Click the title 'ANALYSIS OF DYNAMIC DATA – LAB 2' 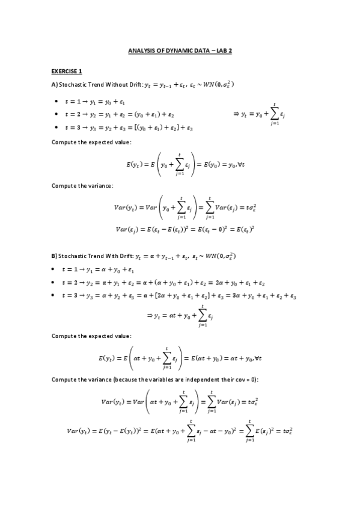point(180,51)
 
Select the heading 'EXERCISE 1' point(67,71)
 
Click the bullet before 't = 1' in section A point(56,102)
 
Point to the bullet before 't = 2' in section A point(56,114)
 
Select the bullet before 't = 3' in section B point(56,296)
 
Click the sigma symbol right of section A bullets point(274,113)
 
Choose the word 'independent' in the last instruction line point(195,380)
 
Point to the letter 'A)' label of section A point(55,84)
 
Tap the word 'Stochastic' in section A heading point(73,84)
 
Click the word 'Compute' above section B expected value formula point(64,336)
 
